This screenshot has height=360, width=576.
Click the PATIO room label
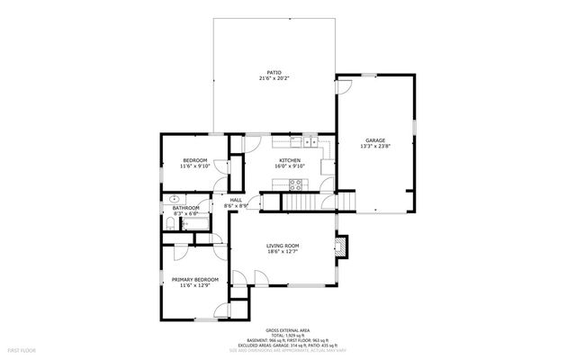(274, 72)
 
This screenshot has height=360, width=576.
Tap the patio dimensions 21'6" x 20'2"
(274, 78)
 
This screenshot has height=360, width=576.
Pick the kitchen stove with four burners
(295, 184)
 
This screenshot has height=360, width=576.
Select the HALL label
(236, 200)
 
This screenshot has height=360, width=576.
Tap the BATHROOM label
(186, 207)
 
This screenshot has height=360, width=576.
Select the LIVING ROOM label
(283, 246)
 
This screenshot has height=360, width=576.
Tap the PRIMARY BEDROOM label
(195, 279)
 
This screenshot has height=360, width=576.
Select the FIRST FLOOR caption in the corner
(21, 348)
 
